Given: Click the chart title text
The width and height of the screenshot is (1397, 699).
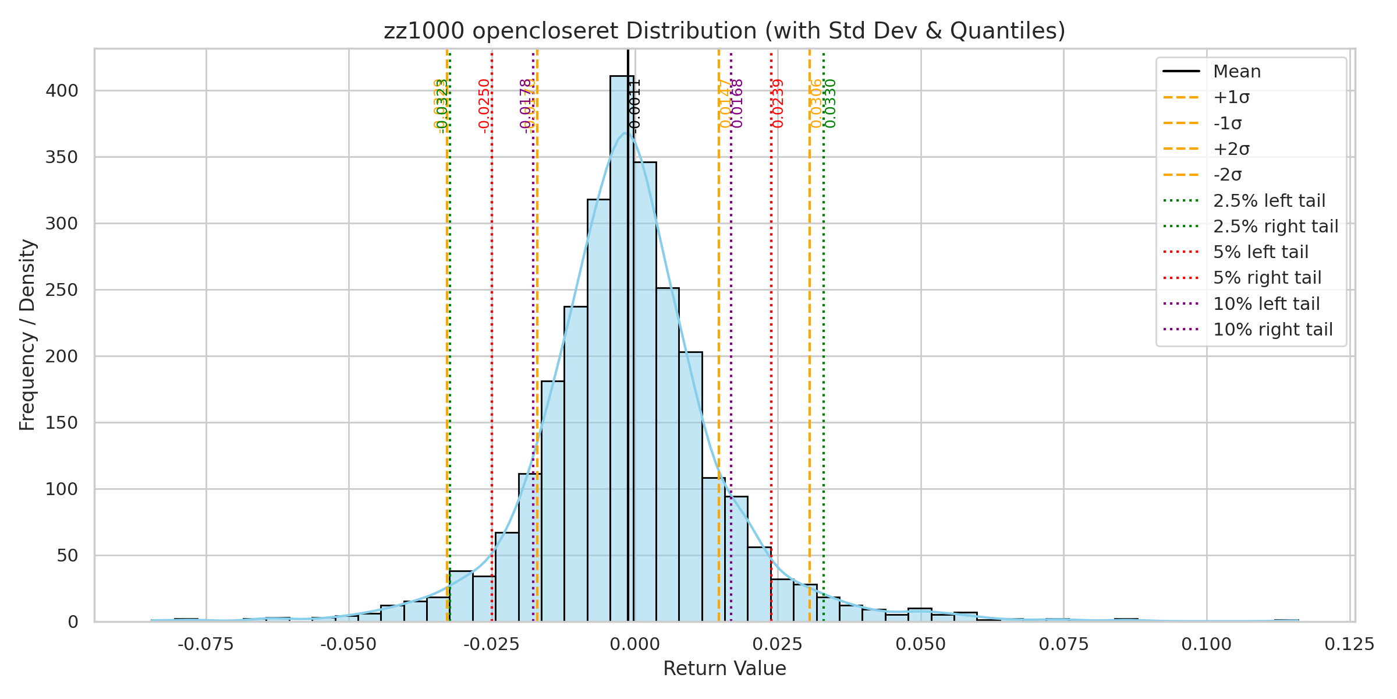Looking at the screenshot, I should point(724,31).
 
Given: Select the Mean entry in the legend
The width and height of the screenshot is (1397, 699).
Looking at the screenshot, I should point(1237,72).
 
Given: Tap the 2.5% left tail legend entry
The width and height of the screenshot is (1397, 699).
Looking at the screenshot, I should point(1269,201).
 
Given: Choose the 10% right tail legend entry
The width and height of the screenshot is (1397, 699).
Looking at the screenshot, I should point(1272,330).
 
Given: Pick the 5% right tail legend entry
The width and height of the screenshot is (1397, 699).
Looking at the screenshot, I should point(1267,278).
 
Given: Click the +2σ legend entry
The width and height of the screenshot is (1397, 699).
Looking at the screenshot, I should point(1231,149).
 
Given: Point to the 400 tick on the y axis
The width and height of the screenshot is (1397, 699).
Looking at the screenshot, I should point(61,91).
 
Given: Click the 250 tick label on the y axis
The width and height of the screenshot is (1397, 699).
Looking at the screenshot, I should point(61,290).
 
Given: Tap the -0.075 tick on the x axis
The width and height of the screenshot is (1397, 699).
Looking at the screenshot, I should point(206,644).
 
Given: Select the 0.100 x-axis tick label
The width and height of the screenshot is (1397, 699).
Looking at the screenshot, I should point(1207,644).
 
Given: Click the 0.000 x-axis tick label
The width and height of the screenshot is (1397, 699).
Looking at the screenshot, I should point(635,644).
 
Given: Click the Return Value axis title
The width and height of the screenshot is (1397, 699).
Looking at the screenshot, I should point(724,669).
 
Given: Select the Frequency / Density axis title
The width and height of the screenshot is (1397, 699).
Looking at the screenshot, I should point(27,335).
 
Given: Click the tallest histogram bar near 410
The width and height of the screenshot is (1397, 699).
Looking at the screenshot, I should point(622,349).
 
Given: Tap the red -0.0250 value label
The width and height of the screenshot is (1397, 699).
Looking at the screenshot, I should point(484,106).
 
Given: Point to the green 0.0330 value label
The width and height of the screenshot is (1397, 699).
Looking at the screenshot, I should point(831,104).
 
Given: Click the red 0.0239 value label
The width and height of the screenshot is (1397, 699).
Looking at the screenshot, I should point(778,104).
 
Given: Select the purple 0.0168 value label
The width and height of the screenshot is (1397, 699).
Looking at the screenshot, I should point(737,104).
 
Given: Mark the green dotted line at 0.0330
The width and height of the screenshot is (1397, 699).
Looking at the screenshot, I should point(824,349).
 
